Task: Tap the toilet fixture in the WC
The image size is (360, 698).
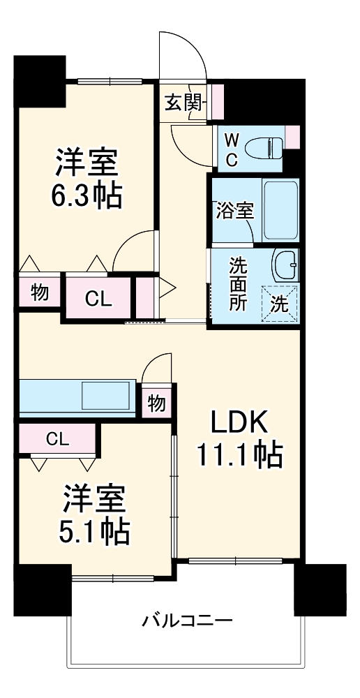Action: click(268, 147)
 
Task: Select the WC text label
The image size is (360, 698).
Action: click(231, 149)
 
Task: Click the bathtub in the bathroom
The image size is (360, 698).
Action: click(280, 210)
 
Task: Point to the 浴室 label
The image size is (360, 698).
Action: click(234, 211)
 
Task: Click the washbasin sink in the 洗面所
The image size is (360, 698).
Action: click(286, 266)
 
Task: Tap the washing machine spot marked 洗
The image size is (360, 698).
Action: click(280, 304)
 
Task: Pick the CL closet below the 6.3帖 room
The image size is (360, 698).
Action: click(98, 299)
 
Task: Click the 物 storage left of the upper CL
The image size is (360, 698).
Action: click(40, 294)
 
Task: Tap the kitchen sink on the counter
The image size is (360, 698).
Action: click(105, 396)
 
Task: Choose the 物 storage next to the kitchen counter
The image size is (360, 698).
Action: click(157, 402)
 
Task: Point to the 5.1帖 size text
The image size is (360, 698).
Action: click(93, 533)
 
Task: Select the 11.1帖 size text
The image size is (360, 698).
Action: click(238, 456)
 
